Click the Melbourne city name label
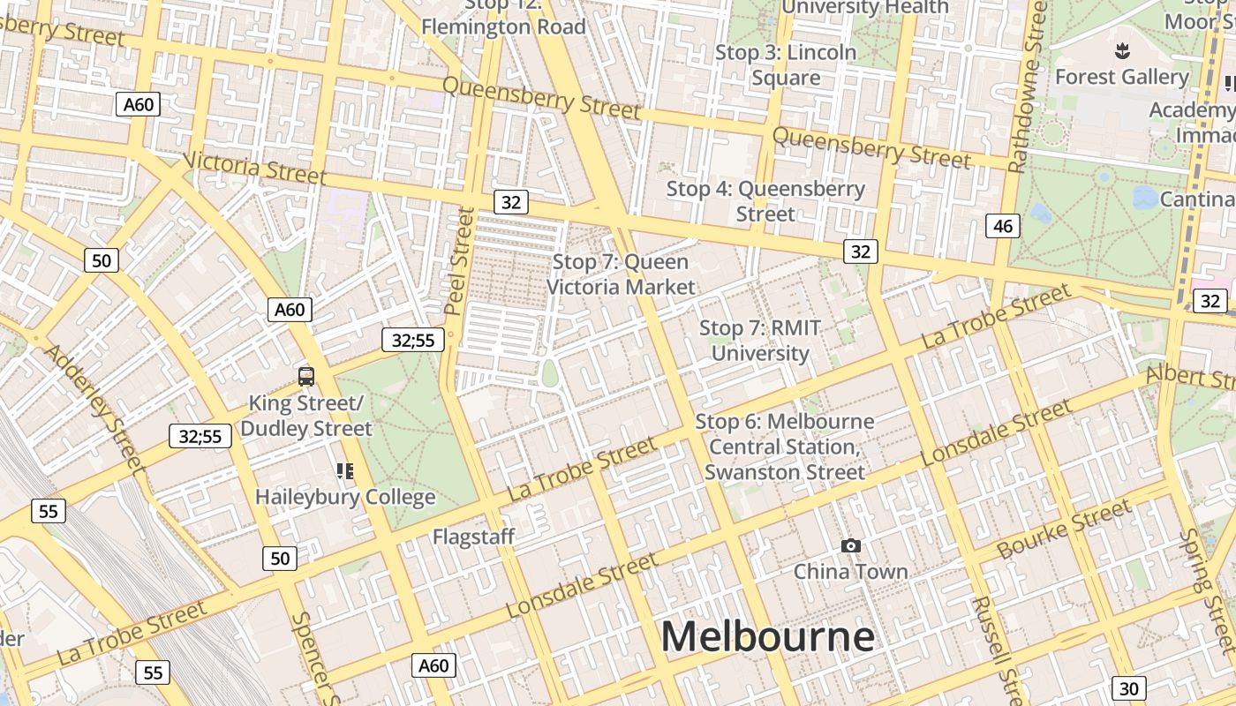click(767, 635)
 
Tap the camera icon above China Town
click(850, 546)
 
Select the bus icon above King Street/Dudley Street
click(306, 377)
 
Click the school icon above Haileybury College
click(344, 471)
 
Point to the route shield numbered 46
click(1002, 226)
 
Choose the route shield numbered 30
click(1129, 688)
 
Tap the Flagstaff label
click(473, 537)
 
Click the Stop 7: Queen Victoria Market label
click(621, 274)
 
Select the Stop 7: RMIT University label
click(760, 341)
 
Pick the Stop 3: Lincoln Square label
click(786, 65)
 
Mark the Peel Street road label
click(460, 261)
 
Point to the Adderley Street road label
click(94, 407)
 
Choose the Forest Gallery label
click(1122, 77)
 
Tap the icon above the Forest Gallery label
click(1122, 50)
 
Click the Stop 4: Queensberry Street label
click(765, 201)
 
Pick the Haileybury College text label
click(345, 497)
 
